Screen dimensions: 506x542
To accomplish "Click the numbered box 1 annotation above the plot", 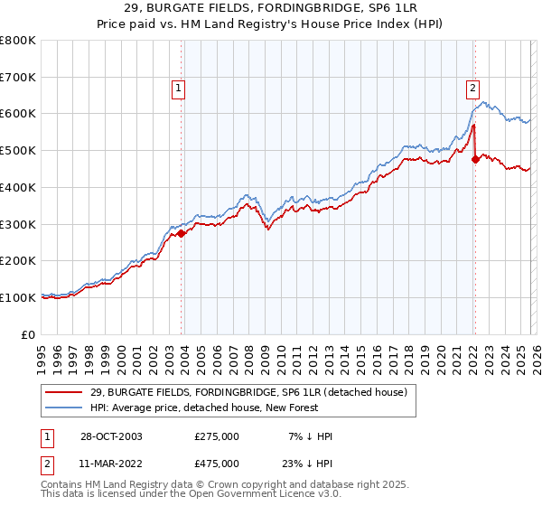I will pyautogui.click(x=178, y=88).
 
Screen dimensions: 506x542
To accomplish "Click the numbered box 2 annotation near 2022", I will pyautogui.click(x=472, y=88).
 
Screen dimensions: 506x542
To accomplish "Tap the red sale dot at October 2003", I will pyautogui.click(x=182, y=233).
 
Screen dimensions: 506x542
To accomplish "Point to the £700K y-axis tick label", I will pyautogui.click(x=17, y=77).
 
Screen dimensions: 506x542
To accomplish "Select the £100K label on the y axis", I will pyautogui.click(x=17, y=297).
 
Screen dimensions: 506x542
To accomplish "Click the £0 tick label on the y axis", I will pyautogui.click(x=28, y=334).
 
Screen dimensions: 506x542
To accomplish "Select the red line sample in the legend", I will pyautogui.click(x=64, y=392).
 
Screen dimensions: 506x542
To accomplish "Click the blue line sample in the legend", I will pyautogui.click(x=64, y=408).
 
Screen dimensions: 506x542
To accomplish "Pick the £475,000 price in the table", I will pyautogui.click(x=217, y=464).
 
